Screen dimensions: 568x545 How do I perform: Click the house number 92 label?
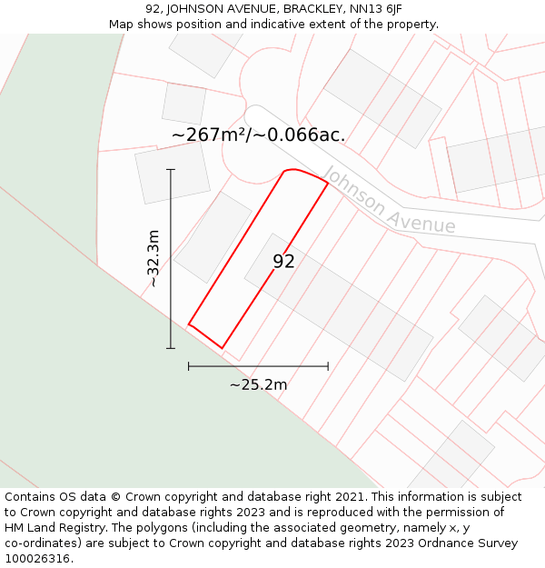[x=283, y=262]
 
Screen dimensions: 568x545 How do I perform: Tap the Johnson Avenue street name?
[x=389, y=201]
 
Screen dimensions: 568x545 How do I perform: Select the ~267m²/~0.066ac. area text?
[x=258, y=135]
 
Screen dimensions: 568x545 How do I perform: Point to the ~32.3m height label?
[x=154, y=258]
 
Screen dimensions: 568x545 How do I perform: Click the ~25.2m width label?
[x=258, y=384]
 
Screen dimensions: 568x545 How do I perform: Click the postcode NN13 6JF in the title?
[x=376, y=9]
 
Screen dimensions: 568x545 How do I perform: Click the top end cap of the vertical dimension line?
[x=171, y=169]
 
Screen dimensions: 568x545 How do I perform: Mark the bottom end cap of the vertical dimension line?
[x=171, y=348]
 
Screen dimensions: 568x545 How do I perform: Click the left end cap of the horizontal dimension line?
[x=189, y=366]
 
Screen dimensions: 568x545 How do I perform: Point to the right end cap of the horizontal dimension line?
[x=328, y=366]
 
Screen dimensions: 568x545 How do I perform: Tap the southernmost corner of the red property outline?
[x=222, y=348]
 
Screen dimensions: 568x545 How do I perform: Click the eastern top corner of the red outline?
[x=328, y=184]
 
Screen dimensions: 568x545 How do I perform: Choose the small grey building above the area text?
[x=184, y=103]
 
